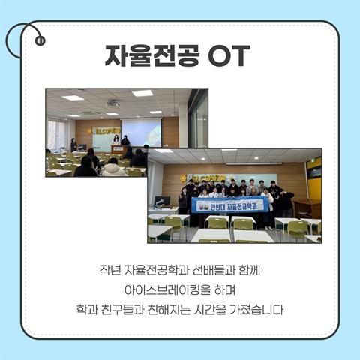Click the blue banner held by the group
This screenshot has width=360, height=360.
(228, 204)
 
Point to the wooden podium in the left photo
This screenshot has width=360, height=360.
(118, 150)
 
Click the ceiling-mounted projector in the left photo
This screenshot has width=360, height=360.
(113, 103)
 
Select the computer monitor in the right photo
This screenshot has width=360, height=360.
(161, 202)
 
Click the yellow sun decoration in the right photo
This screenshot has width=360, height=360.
(182, 178)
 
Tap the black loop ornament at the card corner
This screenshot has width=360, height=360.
(31, 37)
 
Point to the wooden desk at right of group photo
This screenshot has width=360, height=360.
(307, 206)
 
